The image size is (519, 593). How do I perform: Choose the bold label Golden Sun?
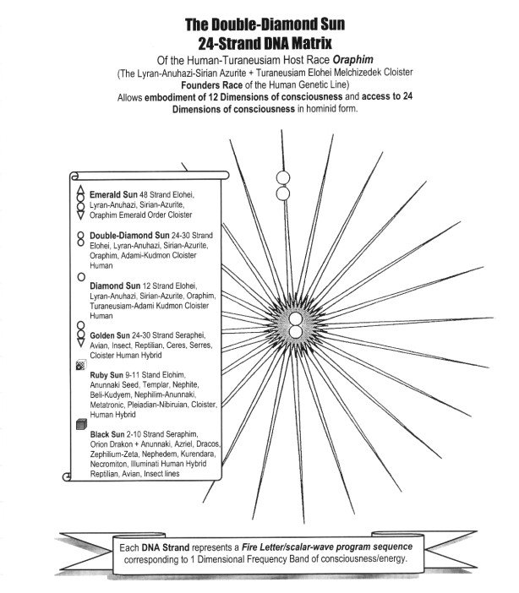coord(114,335)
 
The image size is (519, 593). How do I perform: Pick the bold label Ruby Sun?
coord(109,373)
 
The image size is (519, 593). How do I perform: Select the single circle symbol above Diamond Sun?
coord(80,276)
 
